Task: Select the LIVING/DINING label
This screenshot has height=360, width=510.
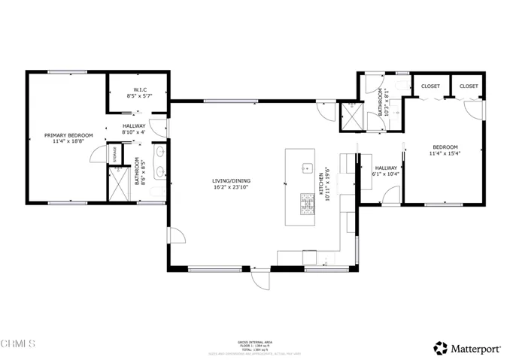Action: coord(230,180)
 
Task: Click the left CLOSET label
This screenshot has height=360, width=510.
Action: coord(430,86)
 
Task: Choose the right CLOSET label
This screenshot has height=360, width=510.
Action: coord(469,86)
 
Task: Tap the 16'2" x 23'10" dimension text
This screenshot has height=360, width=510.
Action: coord(230,187)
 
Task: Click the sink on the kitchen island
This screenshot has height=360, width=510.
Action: coord(307,167)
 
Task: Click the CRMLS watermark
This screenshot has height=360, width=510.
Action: coord(18,343)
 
